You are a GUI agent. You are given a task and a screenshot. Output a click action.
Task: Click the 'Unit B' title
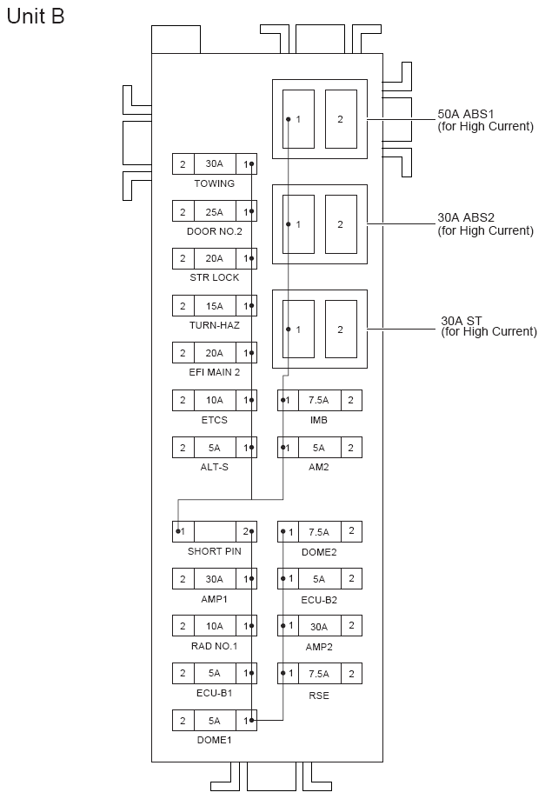point(36,17)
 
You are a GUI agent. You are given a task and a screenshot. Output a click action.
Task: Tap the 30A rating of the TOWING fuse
point(214,164)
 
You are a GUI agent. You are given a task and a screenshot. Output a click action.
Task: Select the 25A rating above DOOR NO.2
point(214,212)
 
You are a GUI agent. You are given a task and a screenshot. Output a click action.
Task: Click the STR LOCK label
point(215,277)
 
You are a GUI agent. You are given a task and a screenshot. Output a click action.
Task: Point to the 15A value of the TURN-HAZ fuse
point(214,306)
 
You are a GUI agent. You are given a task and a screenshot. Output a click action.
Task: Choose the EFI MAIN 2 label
point(215,372)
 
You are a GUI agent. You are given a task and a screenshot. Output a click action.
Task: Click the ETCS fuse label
point(214,420)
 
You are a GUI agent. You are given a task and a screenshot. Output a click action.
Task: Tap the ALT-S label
point(214,467)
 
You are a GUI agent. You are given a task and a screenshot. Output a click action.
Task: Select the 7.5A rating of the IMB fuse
point(319,401)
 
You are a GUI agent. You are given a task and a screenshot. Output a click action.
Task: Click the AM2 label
point(319,467)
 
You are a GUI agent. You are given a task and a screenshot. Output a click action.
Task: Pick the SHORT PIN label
point(215,550)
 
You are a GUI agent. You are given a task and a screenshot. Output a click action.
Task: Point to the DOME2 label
point(319,551)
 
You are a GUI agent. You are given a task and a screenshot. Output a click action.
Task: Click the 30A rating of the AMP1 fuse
point(214,579)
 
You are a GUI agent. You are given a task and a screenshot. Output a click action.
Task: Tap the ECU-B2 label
point(319,599)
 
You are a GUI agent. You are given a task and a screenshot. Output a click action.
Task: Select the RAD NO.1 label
point(215,646)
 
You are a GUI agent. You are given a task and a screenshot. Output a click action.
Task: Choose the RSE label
point(319,695)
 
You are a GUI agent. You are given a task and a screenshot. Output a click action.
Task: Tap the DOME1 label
point(214,740)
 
